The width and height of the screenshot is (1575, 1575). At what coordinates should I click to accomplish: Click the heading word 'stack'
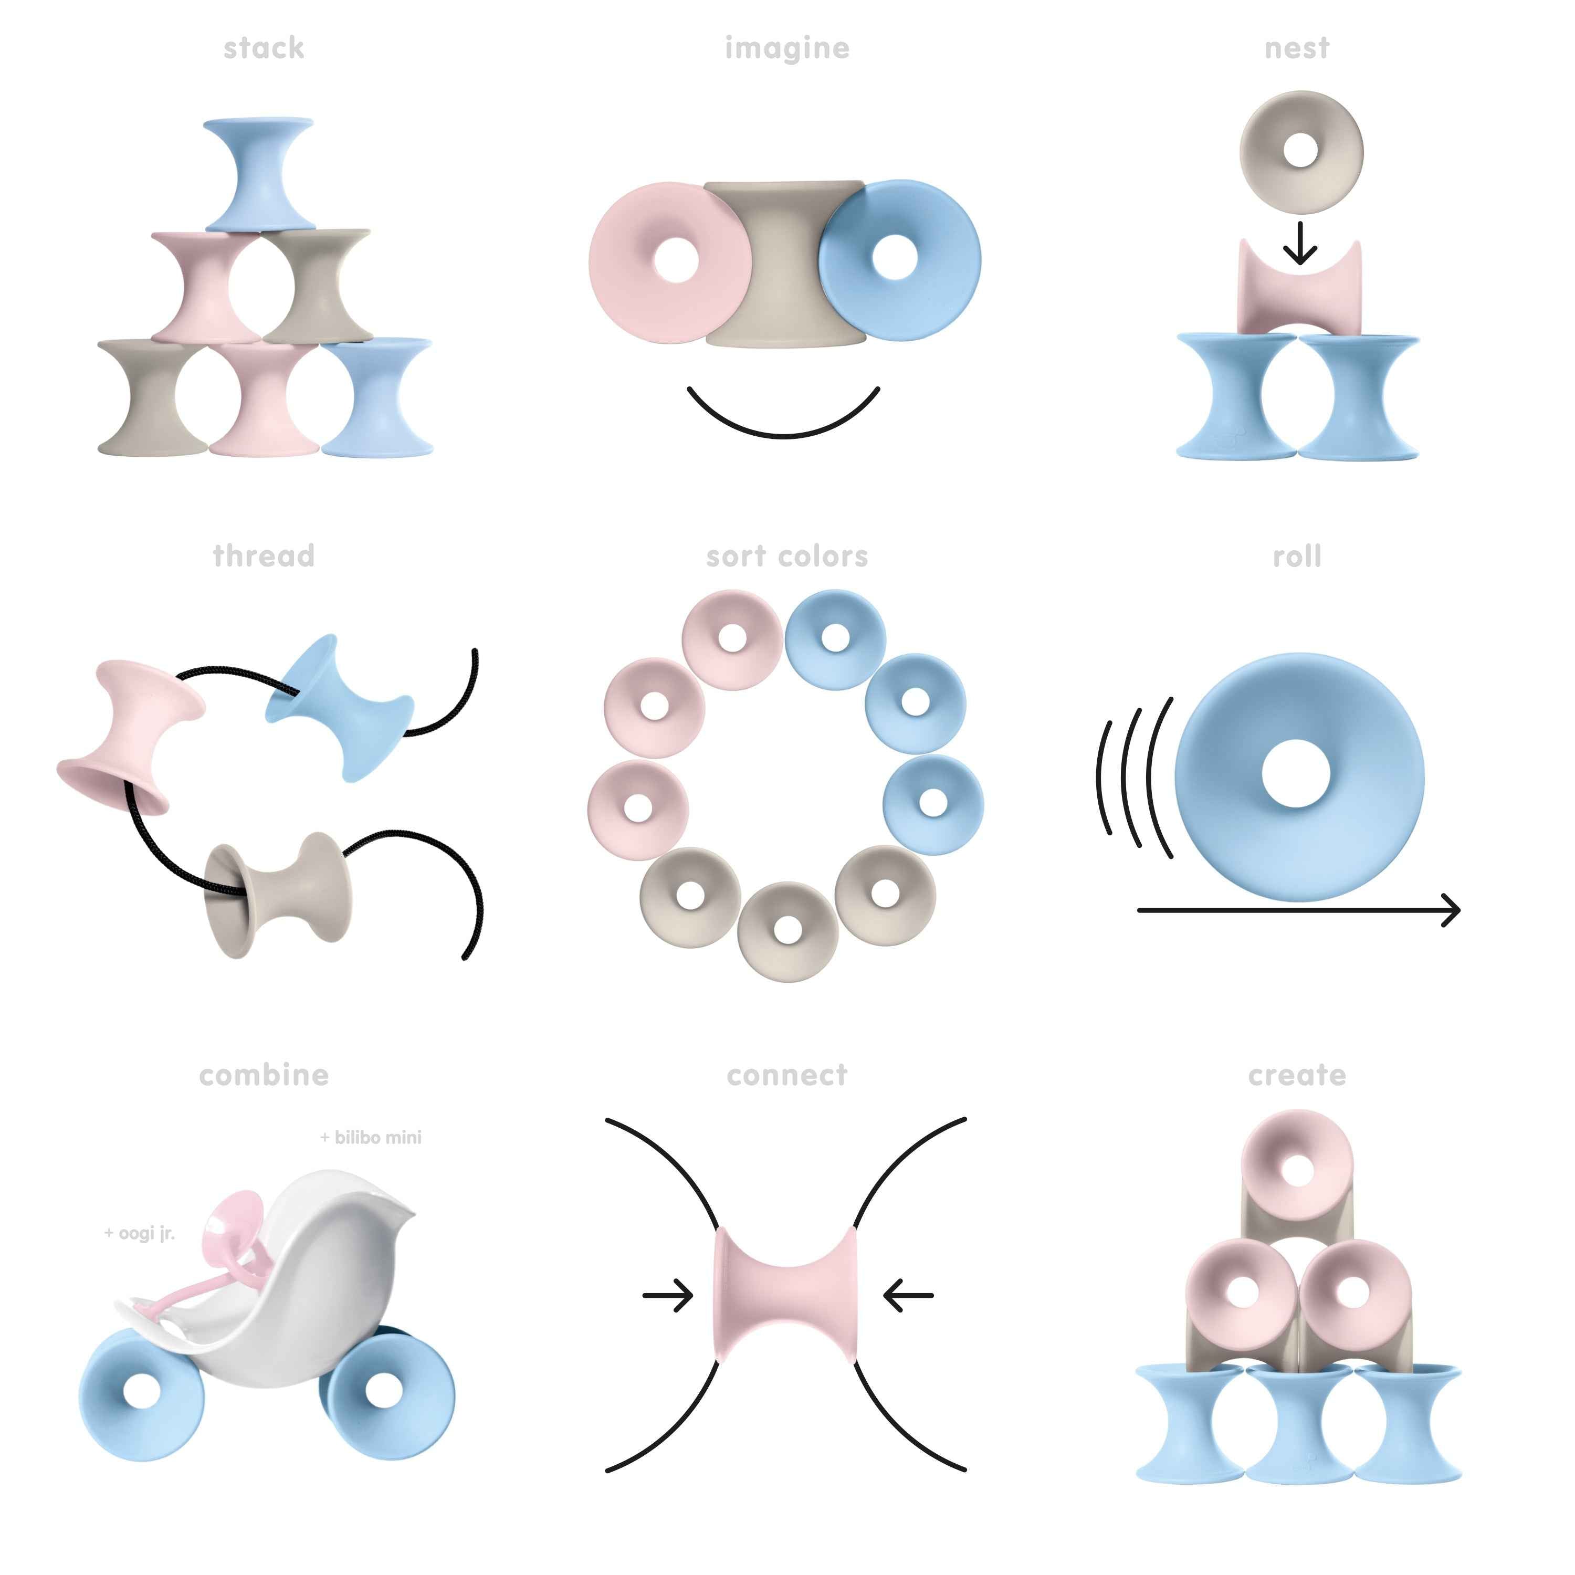click(264, 48)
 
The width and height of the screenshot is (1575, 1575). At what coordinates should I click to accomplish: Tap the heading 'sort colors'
click(786, 557)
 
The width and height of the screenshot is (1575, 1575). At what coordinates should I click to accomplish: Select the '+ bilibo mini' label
click(371, 1137)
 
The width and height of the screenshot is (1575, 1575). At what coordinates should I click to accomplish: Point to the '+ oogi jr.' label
click(140, 1233)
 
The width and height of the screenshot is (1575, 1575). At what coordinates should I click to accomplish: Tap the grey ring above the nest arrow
click(1300, 152)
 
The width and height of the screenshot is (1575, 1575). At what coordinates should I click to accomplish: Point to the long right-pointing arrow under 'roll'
click(1298, 910)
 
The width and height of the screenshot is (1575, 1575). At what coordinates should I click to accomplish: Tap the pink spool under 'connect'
click(786, 1295)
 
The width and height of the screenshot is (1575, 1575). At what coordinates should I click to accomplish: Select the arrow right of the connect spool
click(909, 1295)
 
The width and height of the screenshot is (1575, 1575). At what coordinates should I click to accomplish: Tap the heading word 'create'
click(1297, 1075)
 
